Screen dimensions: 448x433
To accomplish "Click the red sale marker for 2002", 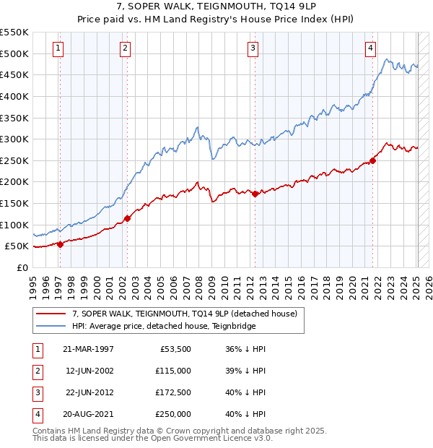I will click(127, 218).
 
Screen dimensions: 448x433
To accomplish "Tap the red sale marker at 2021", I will click(373, 160).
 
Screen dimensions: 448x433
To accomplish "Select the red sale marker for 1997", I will click(60, 244).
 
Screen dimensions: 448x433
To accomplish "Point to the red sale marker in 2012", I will click(255, 194).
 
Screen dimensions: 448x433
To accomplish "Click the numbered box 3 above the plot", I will click(253, 48).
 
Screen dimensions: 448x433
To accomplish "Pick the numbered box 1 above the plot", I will click(57, 48).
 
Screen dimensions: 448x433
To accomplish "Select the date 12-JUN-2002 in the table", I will click(89, 371).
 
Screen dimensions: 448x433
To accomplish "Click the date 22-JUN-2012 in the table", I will click(89, 392).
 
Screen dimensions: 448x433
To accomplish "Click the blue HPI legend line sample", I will click(51, 326).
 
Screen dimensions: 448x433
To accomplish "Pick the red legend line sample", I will click(51, 314).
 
